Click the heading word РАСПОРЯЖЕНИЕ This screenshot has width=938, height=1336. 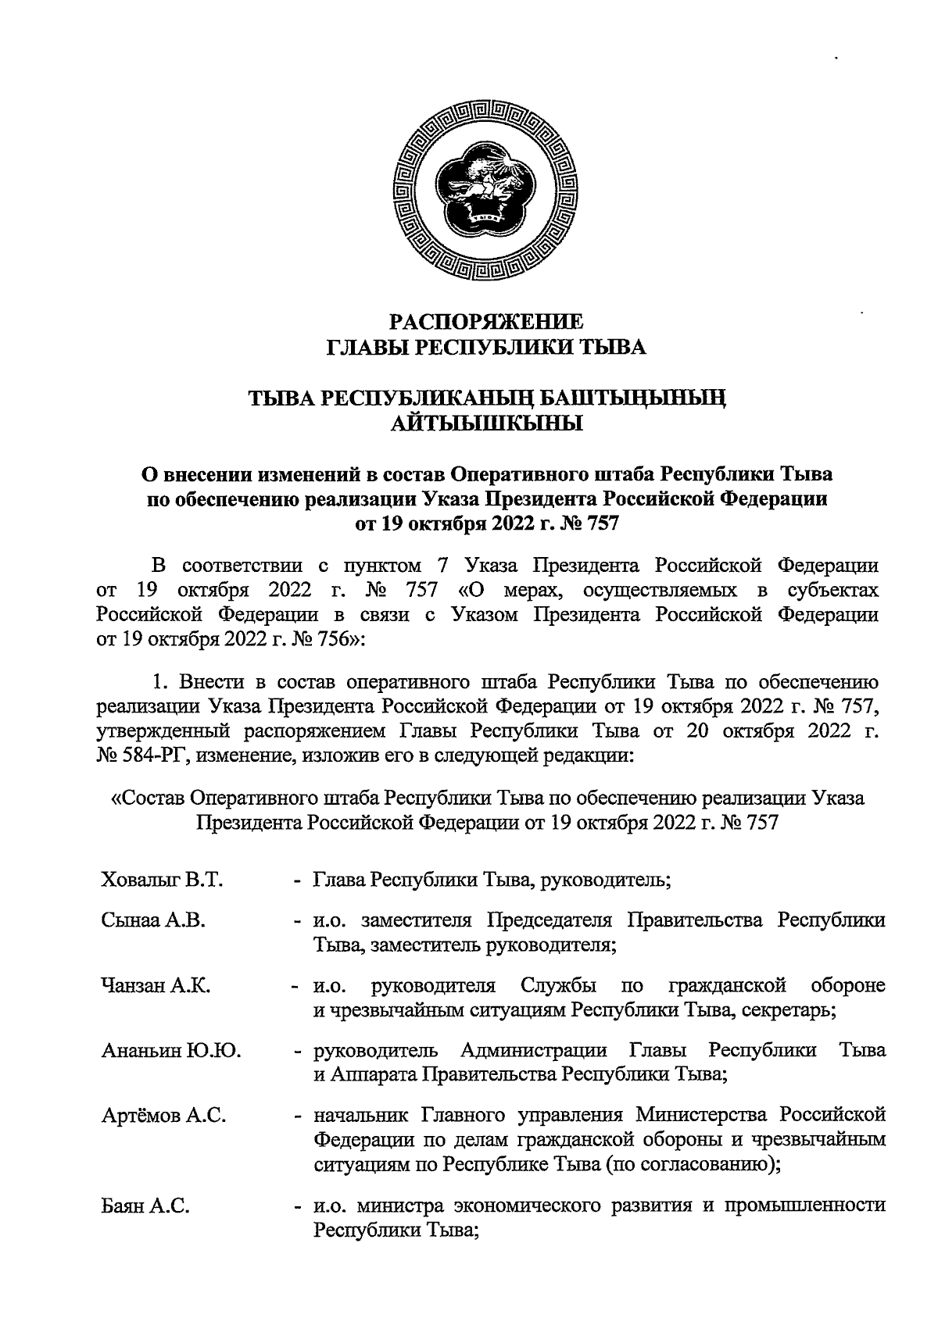coord(486,322)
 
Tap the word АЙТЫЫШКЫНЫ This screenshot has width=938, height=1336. coord(486,424)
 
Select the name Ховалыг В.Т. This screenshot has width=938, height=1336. coord(163,881)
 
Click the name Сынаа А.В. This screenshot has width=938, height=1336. coord(153,920)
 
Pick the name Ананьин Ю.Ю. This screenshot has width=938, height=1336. coord(171,1051)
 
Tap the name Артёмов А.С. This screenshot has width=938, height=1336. coord(164,1116)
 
